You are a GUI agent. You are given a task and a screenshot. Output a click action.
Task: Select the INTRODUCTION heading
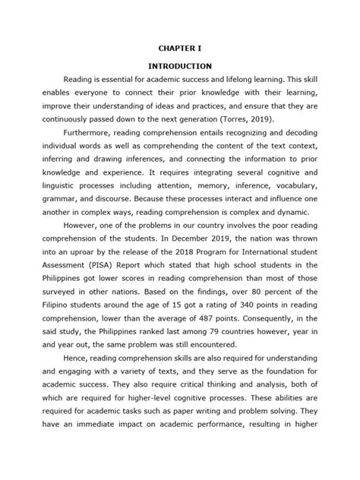click(180, 66)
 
